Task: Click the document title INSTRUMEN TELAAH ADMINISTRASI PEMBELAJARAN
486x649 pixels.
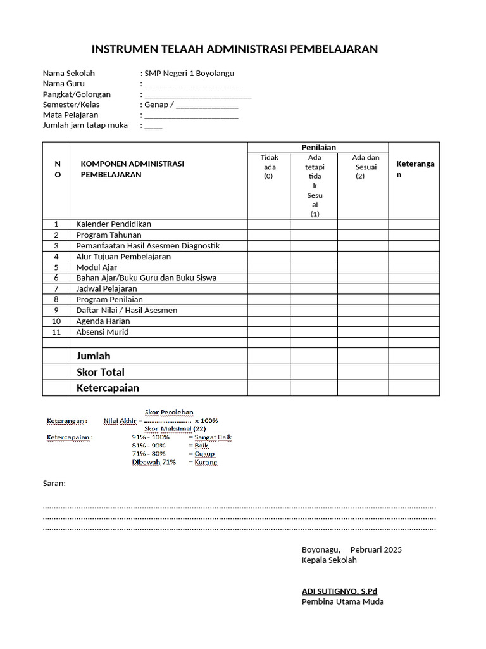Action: (x=235, y=49)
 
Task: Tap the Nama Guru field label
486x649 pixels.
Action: (x=63, y=84)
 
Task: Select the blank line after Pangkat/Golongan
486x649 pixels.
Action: (x=197, y=95)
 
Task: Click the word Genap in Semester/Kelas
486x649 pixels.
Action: (x=156, y=105)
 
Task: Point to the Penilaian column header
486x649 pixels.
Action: (x=318, y=147)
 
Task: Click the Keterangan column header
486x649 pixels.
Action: (x=414, y=169)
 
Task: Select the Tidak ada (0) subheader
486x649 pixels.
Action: (x=269, y=167)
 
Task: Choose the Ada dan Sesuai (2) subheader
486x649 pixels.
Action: (x=362, y=167)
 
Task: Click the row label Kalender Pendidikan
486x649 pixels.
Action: (x=113, y=224)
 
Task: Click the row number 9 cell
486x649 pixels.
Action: (x=56, y=310)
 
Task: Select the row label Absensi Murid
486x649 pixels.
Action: (x=102, y=331)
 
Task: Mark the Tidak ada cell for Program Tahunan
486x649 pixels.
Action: (x=269, y=235)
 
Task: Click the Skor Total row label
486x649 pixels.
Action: (x=100, y=372)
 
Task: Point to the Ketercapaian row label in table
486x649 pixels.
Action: (x=108, y=388)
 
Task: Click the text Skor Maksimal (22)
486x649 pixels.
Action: (x=170, y=428)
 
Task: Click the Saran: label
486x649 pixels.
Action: (x=54, y=483)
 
